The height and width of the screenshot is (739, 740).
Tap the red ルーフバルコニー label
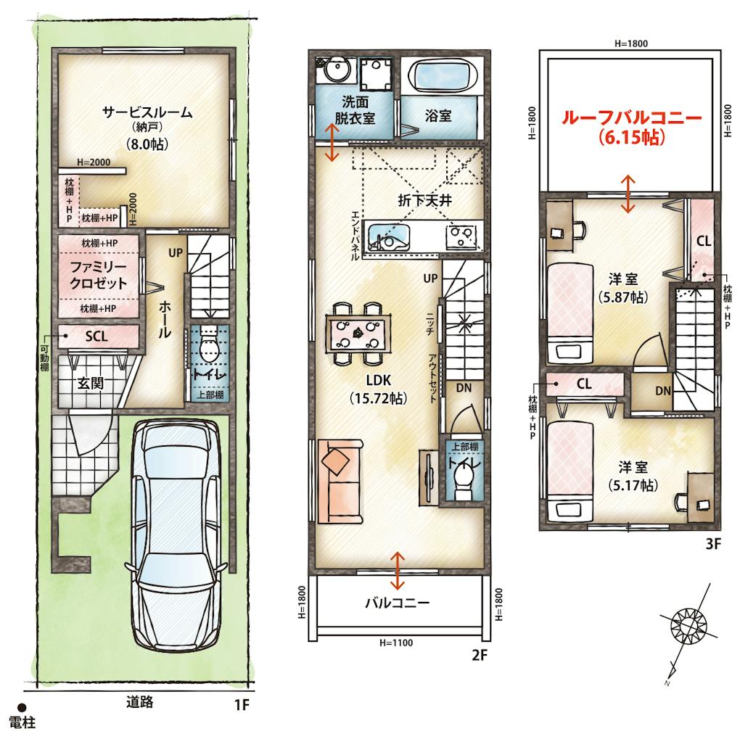631,117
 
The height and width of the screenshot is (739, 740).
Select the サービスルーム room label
148,113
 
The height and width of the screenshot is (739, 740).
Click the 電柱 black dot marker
22,707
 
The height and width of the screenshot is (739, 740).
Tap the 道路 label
140,702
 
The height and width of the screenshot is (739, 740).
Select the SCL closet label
96,337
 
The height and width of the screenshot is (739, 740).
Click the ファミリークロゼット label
99,275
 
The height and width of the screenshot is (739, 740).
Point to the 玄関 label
91,383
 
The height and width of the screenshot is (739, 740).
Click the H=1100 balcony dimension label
396,643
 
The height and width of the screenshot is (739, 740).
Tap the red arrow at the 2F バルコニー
398,571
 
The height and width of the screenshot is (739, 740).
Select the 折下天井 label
424,201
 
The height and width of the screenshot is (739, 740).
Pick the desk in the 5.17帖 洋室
700,497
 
